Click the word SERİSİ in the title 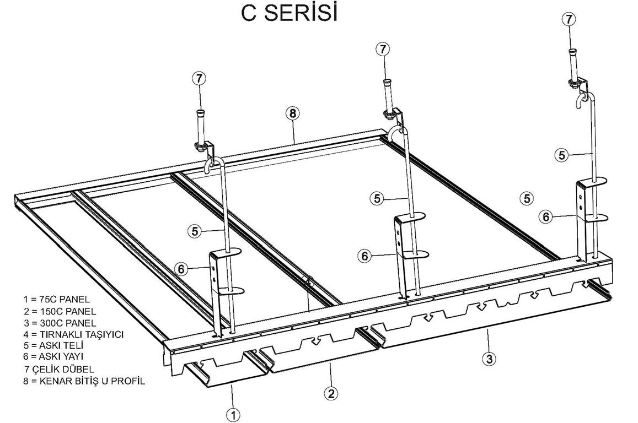tap(302, 13)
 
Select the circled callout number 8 tap(292, 114)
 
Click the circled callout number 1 tap(233, 415)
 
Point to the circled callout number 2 tap(330, 393)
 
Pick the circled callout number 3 tap(489, 359)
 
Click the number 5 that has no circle tap(527, 198)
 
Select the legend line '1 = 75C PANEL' tap(57, 300)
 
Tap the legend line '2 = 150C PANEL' tap(60, 312)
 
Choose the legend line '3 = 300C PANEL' tap(60, 323)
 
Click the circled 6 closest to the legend tap(181, 269)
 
